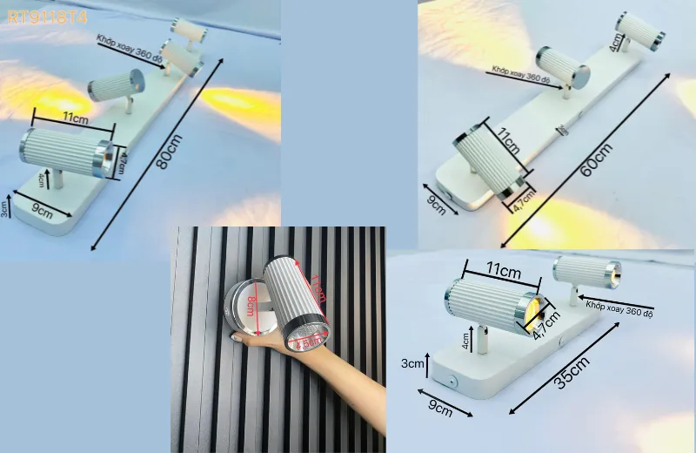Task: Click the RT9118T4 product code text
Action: point(46,16)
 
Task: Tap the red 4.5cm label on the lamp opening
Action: point(306,342)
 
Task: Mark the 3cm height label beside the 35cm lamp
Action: point(411,362)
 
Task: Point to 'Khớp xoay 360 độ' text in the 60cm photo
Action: point(519,74)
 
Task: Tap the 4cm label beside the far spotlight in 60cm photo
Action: point(617,41)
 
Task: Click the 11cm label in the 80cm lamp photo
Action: point(75,117)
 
